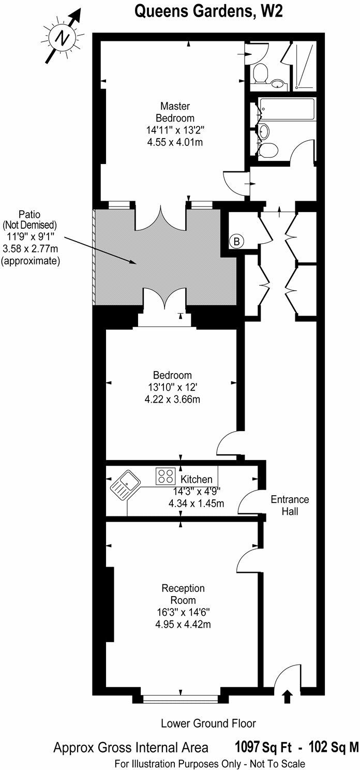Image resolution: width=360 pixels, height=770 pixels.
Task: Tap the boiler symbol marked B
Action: coord(236,241)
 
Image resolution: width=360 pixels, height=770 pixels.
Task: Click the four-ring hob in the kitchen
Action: coord(165,476)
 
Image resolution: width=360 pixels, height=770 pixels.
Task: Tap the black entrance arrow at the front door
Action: coord(288,697)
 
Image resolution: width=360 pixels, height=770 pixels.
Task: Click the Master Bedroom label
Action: coord(175,112)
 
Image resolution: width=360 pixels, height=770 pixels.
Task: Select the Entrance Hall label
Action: coord(290,506)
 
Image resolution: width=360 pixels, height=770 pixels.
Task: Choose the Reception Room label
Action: coord(183,594)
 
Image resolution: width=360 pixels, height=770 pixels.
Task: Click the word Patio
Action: coord(30,214)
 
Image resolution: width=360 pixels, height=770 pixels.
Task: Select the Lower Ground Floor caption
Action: coord(208,723)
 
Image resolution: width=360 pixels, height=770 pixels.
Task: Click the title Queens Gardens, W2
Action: coord(208,11)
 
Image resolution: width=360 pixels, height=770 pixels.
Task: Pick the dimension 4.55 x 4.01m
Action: coord(175,141)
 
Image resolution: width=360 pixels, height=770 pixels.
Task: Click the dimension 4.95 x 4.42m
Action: coord(183,625)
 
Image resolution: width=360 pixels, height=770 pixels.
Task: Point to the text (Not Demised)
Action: coord(30,225)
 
